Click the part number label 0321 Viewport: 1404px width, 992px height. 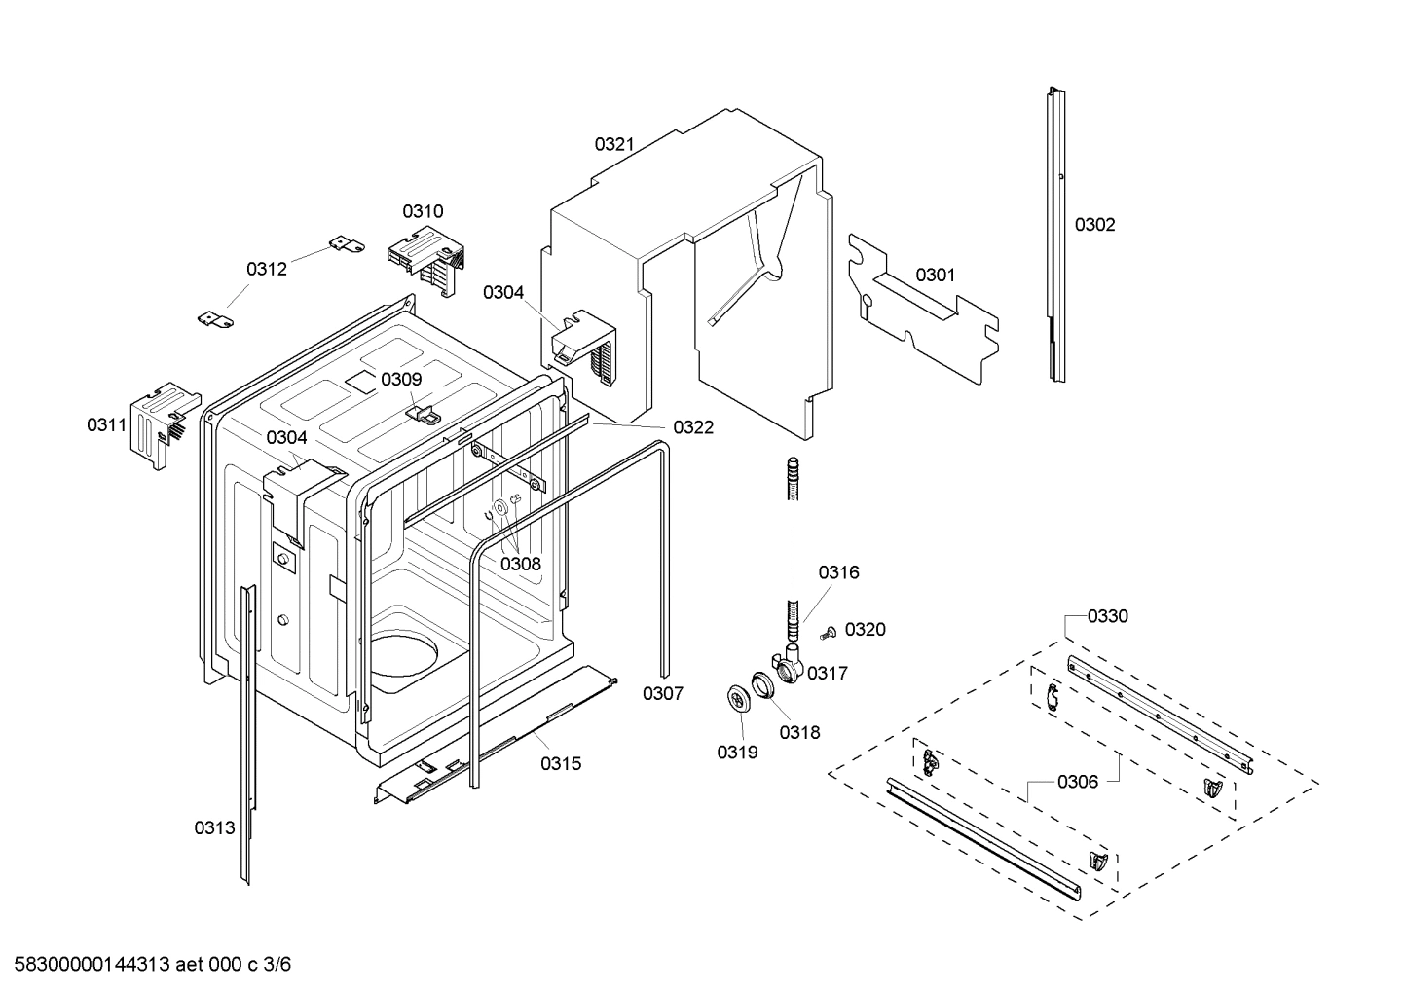click(x=614, y=144)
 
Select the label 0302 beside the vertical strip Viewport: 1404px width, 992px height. click(x=1094, y=225)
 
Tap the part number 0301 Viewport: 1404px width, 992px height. click(x=936, y=276)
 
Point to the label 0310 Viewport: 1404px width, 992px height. click(x=423, y=211)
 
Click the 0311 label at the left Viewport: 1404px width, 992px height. click(x=106, y=424)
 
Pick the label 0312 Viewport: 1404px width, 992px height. click(x=266, y=270)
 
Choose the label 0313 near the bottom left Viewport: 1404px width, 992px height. click(x=214, y=828)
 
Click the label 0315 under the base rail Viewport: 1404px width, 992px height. click(x=561, y=763)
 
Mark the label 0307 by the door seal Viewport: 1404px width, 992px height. click(x=662, y=694)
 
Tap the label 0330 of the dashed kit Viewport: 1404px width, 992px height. click(x=1108, y=616)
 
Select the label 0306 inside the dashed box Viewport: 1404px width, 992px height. click(x=1078, y=782)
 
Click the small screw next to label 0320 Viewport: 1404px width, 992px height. click(x=828, y=633)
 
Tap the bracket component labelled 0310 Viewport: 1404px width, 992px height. click(x=428, y=256)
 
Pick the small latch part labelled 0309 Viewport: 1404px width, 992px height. click(x=423, y=414)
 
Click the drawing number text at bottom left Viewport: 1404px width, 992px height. click(x=146, y=965)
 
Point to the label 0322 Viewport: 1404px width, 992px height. click(x=693, y=427)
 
